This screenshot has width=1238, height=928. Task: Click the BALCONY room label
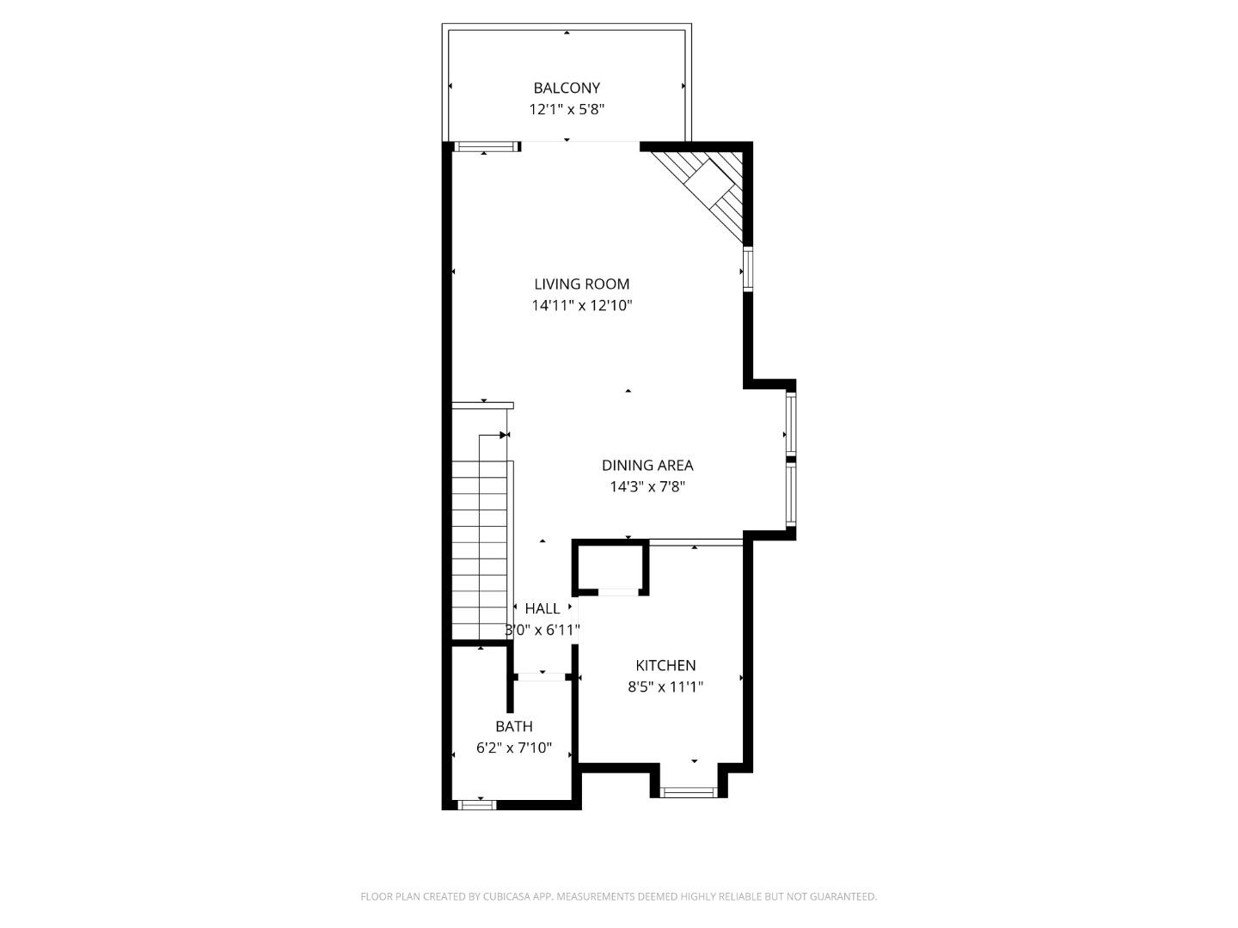[x=567, y=88]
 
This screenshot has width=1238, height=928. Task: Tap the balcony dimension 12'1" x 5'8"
[x=567, y=109]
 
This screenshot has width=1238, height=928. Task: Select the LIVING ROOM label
[x=582, y=284]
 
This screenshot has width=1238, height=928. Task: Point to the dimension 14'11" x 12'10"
[x=582, y=305]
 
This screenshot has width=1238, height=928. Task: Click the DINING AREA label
[x=647, y=465]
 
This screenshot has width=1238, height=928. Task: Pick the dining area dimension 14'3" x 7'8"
[x=647, y=486]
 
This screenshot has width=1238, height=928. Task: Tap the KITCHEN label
[x=665, y=665]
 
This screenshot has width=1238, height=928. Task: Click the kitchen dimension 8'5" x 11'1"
[x=665, y=687]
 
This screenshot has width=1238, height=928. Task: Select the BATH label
[x=514, y=726]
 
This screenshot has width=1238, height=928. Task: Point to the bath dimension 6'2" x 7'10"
[x=514, y=748]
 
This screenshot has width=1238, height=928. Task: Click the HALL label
[x=542, y=608]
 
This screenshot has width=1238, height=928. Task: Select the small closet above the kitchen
[x=610, y=566]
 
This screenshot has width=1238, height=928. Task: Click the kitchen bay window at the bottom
[x=689, y=791]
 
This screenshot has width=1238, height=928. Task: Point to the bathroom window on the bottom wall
[x=476, y=804]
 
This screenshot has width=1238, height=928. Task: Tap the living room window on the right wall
[x=748, y=269]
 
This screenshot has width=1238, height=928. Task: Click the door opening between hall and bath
[x=542, y=677]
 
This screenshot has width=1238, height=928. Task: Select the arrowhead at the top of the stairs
[x=505, y=435]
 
